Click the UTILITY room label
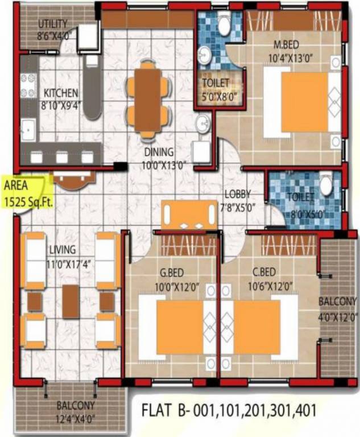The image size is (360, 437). (52, 24)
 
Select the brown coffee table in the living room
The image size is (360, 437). (71, 301)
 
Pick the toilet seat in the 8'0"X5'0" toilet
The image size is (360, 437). (326, 185)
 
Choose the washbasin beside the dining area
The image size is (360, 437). (202, 123)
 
